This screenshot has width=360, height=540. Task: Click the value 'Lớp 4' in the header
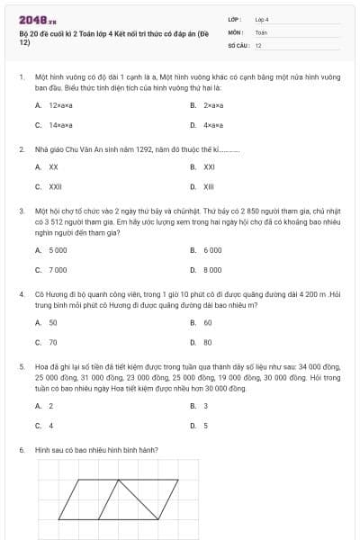coord(262,18)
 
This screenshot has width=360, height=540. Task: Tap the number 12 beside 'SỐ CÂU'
coord(258,44)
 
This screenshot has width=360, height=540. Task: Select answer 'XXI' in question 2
coord(209,166)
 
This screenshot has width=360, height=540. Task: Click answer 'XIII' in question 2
coord(209,186)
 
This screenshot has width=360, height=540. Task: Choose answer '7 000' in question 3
coord(58,269)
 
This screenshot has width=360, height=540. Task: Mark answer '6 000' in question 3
coord(212,249)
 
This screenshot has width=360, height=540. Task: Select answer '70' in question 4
coord(53,342)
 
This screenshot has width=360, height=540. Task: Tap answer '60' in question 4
coord(208,322)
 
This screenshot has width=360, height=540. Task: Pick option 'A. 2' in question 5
coord(44,406)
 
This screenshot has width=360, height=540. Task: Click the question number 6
coord(21,448)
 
